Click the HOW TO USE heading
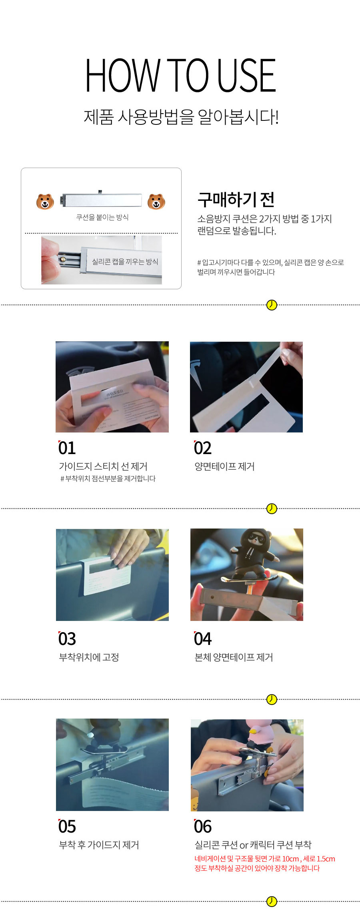[180, 75]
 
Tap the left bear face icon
[45, 202]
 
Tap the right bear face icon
[156, 202]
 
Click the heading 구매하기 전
[236, 200]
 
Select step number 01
[67, 448]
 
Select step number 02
[203, 448]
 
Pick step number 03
[67, 639]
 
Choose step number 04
[203, 639]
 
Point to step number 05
[67, 826]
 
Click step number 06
[203, 826]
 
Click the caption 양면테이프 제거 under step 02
[224, 467]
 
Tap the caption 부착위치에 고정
[89, 657]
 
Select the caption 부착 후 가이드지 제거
[99, 845]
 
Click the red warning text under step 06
[264, 863]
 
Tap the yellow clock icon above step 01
[272, 305]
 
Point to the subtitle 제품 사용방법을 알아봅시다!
[181, 117]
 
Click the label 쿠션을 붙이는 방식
[102, 217]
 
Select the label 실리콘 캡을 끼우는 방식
[125, 262]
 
